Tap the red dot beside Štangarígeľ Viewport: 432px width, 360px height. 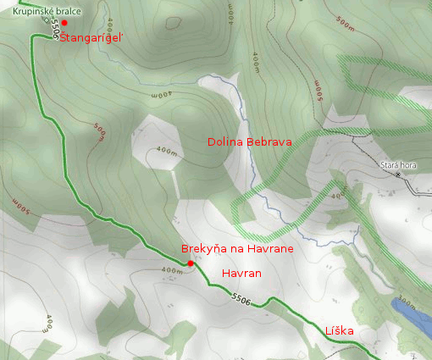point(64,23)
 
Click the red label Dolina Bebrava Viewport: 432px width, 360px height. point(249,142)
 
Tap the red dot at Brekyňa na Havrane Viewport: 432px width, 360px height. point(191,263)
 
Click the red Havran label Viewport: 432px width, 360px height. point(241,274)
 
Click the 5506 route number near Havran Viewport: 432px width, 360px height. point(241,298)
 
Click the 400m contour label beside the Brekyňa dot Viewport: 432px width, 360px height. point(170,271)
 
